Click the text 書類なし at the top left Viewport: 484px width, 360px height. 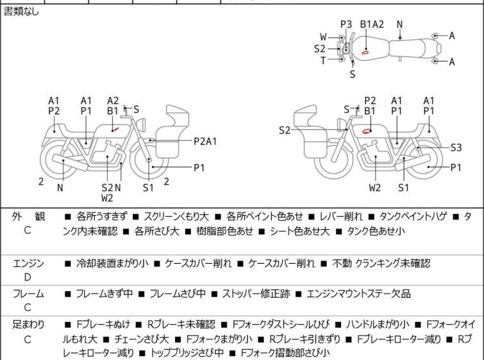(21, 12)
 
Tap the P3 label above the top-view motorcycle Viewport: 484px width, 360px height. (346, 24)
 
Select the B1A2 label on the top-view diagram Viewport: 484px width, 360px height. (372, 24)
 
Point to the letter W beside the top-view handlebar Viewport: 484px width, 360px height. (323, 37)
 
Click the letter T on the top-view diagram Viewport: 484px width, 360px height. (323, 60)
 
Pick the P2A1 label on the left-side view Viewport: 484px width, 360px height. (205, 142)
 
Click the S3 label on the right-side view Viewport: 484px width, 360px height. (456, 148)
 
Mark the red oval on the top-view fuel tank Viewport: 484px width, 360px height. (365, 52)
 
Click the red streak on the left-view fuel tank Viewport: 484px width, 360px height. (115, 129)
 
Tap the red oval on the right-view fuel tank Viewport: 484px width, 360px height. (367, 131)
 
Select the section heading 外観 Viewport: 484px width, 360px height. (28, 217)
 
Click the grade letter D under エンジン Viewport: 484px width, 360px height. (28, 277)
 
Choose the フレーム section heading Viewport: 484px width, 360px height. (28, 293)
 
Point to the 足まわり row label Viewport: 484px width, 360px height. (28, 325)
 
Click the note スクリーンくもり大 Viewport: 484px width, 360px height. (176, 216)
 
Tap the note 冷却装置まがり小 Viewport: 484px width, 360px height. (112, 263)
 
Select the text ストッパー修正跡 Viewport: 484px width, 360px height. (256, 293)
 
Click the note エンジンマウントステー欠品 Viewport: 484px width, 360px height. (358, 293)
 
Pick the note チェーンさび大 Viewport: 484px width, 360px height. (142, 339)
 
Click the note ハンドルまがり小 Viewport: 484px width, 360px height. (378, 325)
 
